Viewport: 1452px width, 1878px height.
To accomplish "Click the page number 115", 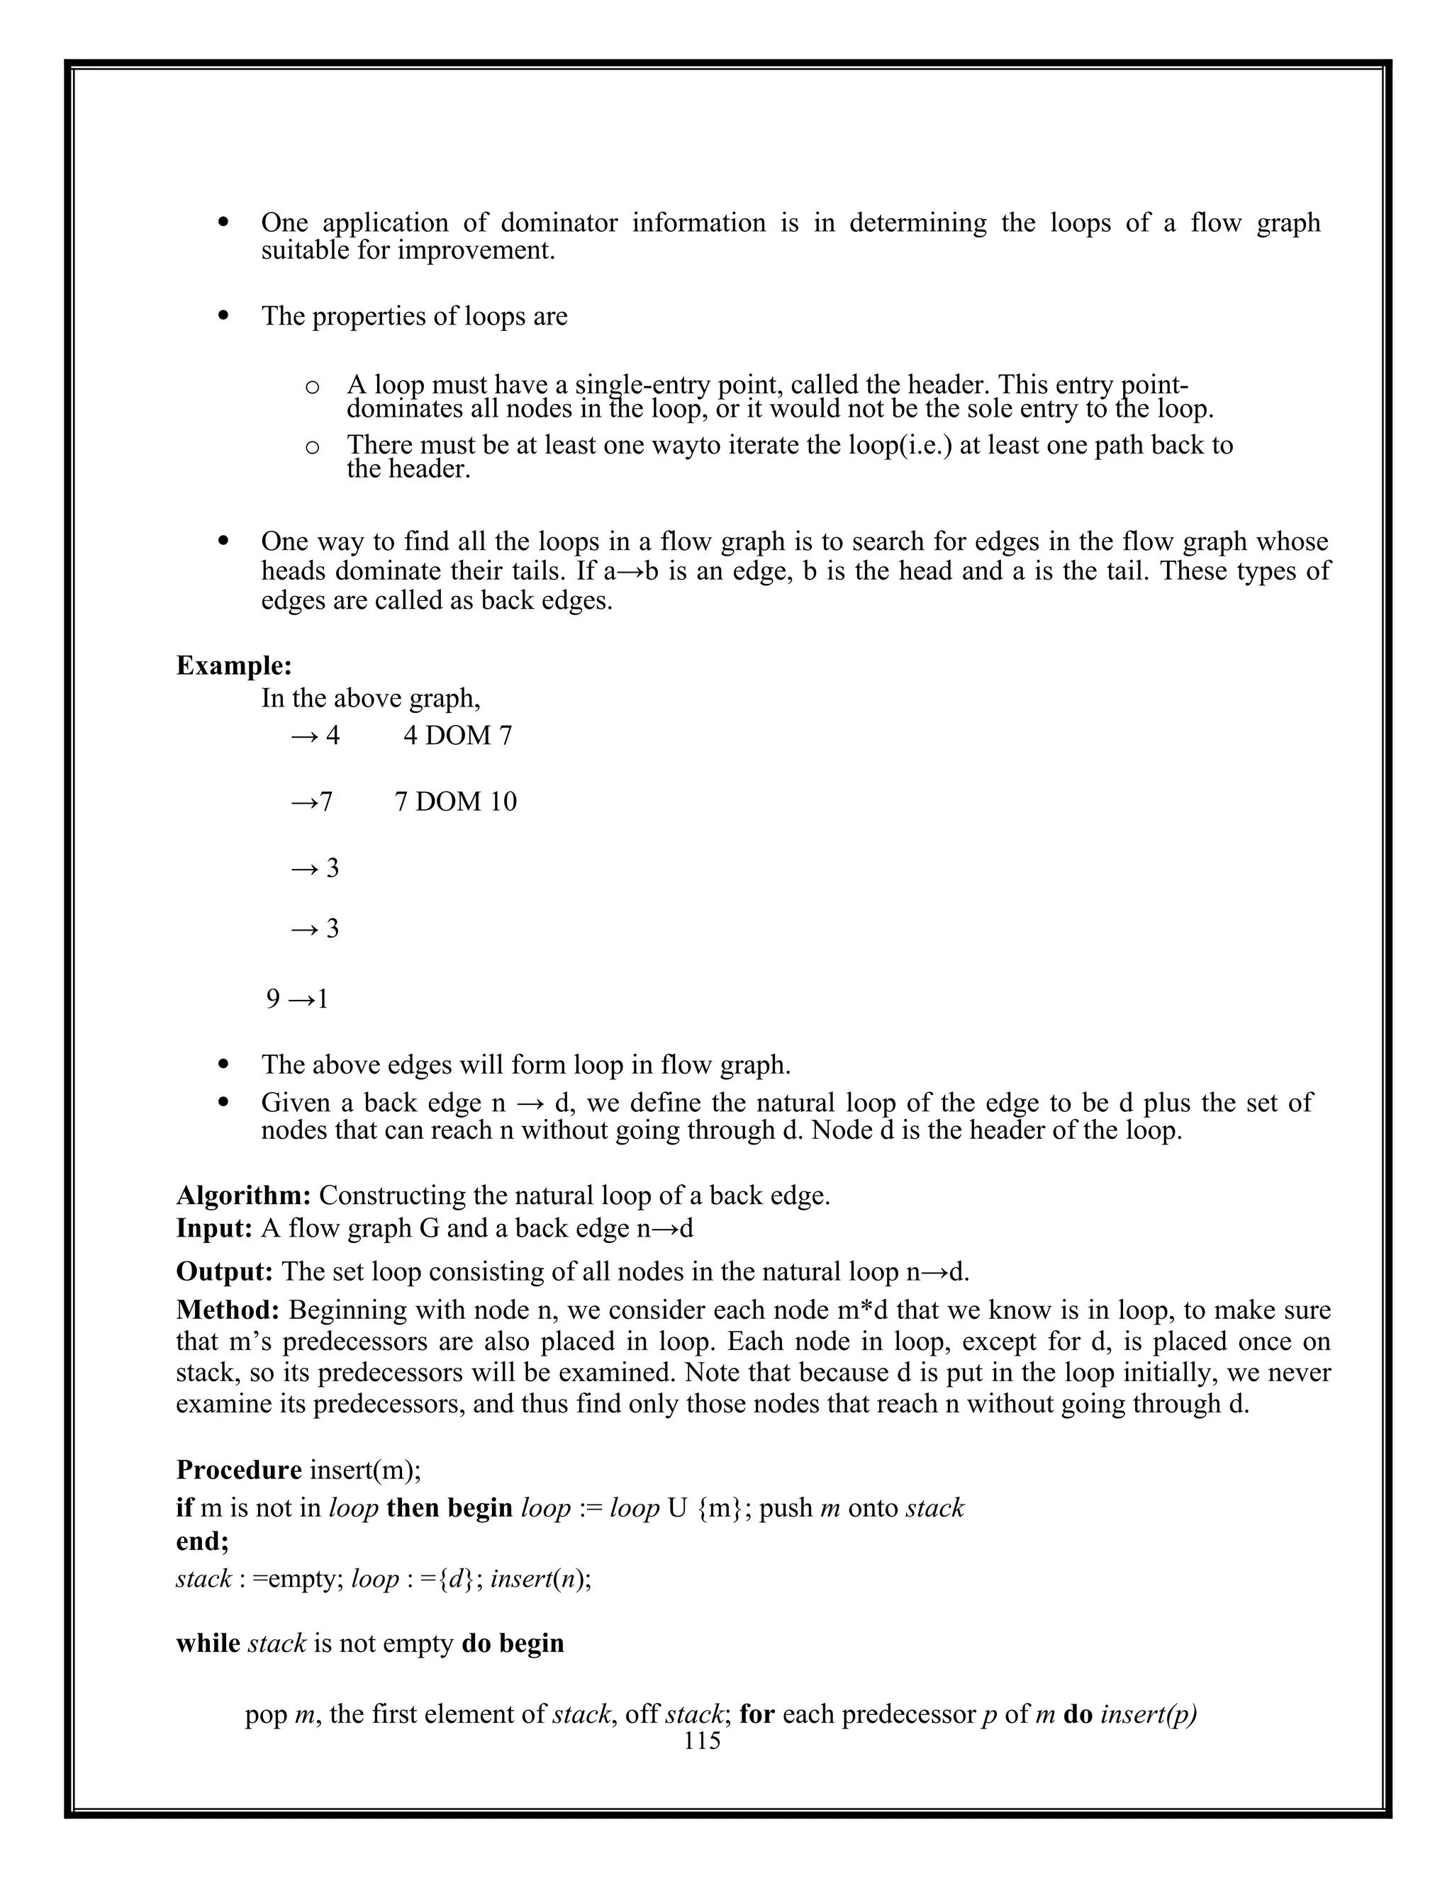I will click(702, 1741).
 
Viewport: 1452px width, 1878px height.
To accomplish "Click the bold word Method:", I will click(228, 1310).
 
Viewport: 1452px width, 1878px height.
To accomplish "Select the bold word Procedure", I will click(238, 1470).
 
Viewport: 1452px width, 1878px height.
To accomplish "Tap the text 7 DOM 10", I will click(455, 802).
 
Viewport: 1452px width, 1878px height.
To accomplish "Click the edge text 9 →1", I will click(297, 999).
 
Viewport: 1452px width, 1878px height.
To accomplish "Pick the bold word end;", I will click(202, 1541).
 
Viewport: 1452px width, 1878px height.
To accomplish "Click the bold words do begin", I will click(513, 1643).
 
